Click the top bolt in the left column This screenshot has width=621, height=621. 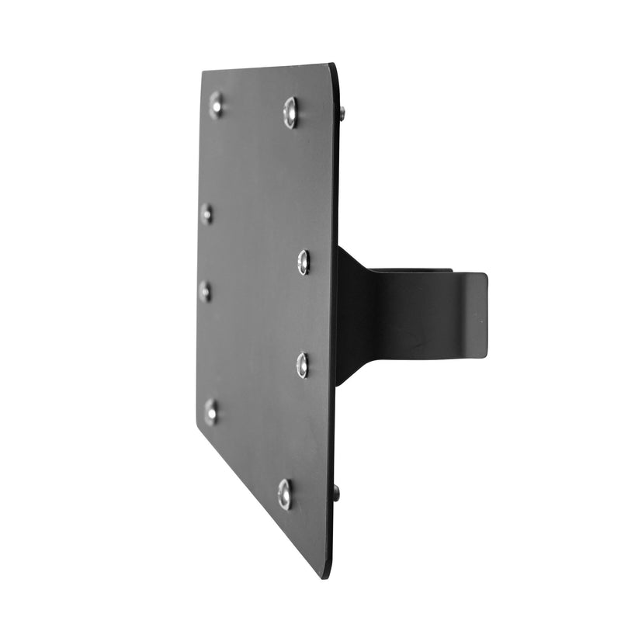point(216,104)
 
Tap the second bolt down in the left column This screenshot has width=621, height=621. point(206,213)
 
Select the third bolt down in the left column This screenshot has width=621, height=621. point(205,291)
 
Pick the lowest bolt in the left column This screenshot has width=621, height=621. point(210,411)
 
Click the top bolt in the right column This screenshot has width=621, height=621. point(291,113)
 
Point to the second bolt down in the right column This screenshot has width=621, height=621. point(304,262)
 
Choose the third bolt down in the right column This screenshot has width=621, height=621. point(302,364)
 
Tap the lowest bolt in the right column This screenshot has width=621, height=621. point(285,494)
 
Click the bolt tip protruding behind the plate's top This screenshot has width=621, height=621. point(342,113)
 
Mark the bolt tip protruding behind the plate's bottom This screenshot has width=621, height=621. point(336,491)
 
